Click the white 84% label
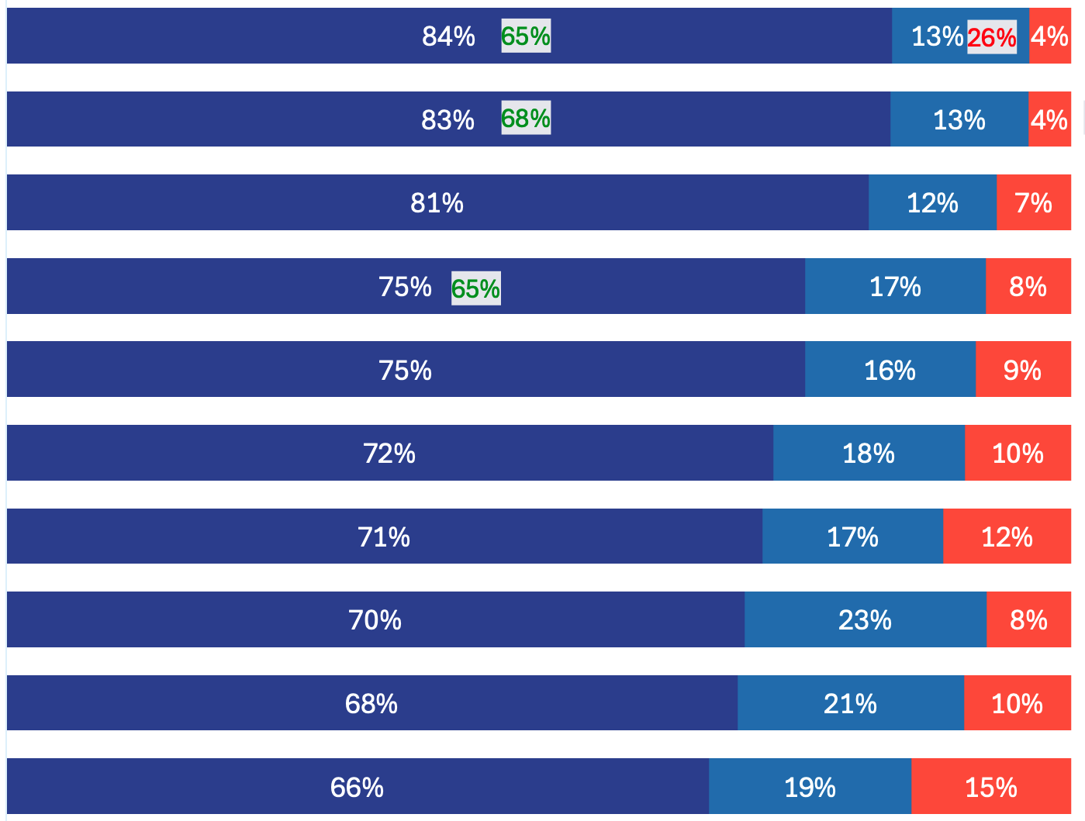click(448, 36)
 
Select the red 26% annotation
click(991, 37)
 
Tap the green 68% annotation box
click(526, 118)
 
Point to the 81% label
click(437, 203)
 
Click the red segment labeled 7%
click(1033, 203)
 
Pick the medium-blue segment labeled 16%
click(890, 370)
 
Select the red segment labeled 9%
click(1022, 370)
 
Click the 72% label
click(389, 454)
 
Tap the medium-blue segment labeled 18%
click(869, 454)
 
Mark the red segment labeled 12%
click(1007, 536)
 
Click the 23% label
click(865, 620)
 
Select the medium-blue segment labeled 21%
click(850, 703)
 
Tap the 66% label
click(357, 788)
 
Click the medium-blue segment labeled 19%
click(810, 787)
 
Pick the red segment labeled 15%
click(990, 787)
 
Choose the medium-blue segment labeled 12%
click(932, 203)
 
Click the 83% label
click(447, 120)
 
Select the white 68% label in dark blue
click(371, 704)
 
